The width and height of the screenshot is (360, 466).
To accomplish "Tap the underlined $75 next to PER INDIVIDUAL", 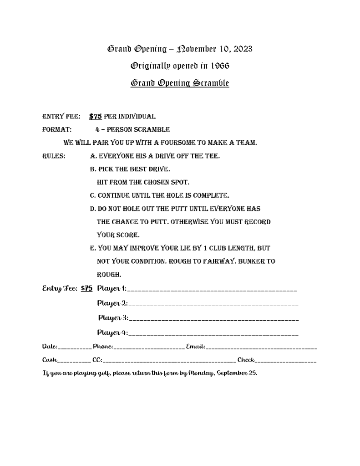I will pyautogui.click(x=95, y=117).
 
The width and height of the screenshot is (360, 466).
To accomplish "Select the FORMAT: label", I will pyautogui.click(x=56, y=129).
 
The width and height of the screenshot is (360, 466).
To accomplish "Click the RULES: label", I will pyautogui.click(x=53, y=156).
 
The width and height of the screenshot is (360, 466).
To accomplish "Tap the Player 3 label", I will pyautogui.click(x=113, y=317).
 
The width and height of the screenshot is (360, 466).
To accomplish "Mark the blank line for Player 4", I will pyautogui.click(x=213, y=334).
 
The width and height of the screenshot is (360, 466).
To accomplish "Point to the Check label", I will pyautogui.click(x=246, y=360).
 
